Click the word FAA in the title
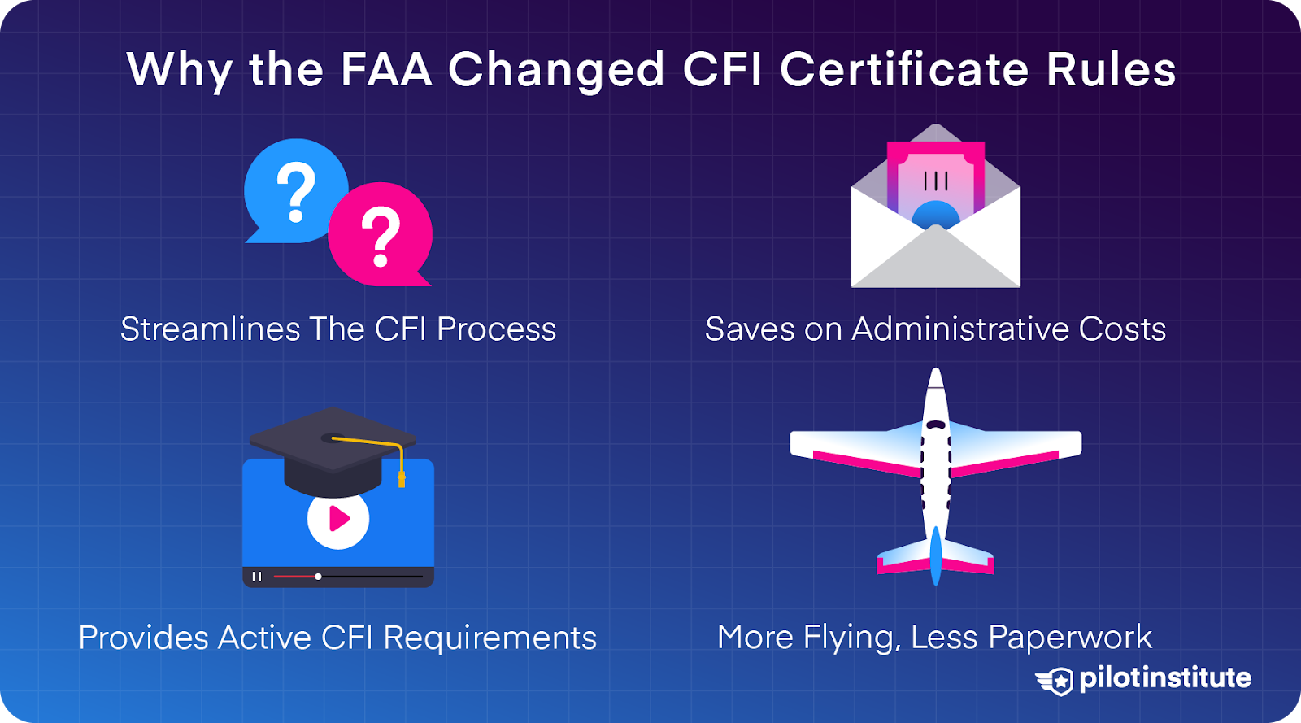(386, 69)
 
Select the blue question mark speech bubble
(295, 191)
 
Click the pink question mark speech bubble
(381, 235)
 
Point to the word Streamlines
(210, 329)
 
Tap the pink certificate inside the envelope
(935, 179)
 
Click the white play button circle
(338, 518)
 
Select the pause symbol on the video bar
(257, 577)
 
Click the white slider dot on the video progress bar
(318, 577)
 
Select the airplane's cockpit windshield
(936, 425)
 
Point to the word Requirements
(490, 638)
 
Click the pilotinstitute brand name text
(1165, 678)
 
